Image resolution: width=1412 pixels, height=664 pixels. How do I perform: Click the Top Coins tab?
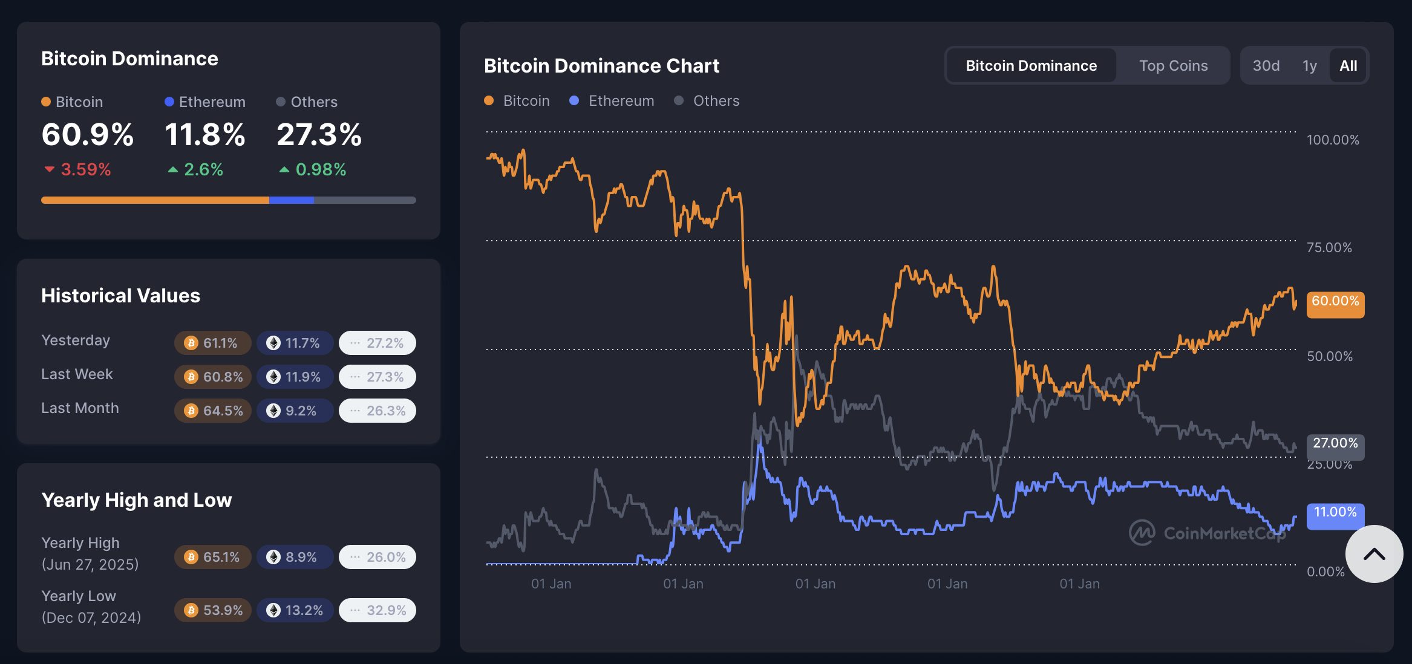pos(1173,65)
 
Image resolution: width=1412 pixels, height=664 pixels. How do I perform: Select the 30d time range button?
pos(1266,65)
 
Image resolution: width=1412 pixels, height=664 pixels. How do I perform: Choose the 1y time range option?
pos(1310,65)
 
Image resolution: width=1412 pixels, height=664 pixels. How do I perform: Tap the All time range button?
pos(1348,65)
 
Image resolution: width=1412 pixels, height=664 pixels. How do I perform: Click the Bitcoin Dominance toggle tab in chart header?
pos(1031,65)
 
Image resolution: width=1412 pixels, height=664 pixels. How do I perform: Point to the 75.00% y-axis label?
pos(1329,247)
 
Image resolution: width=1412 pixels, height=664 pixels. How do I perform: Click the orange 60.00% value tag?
pos(1335,302)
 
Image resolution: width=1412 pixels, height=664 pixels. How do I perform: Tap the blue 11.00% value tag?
pos(1335,513)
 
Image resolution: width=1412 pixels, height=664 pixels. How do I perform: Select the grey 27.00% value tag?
pos(1335,443)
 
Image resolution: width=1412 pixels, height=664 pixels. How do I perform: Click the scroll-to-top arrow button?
pos(1373,554)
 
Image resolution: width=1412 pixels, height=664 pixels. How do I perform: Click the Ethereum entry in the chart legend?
pos(612,101)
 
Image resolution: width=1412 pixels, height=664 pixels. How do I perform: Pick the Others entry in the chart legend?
pos(707,101)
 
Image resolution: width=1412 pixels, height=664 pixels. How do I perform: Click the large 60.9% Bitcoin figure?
pos(88,134)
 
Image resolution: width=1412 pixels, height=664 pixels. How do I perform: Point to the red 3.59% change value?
pos(85,169)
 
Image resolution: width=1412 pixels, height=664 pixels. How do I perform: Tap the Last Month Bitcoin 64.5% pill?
pos(213,411)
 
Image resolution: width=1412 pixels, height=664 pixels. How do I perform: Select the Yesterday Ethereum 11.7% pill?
pos(295,343)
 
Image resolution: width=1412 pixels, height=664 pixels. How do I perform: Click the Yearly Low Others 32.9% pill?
pos(378,610)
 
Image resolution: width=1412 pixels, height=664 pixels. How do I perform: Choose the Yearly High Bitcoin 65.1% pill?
pos(213,557)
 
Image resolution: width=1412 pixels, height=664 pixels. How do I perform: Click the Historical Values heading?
pos(120,296)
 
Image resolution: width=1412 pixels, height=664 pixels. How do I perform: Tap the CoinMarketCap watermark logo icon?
pos(1142,533)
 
